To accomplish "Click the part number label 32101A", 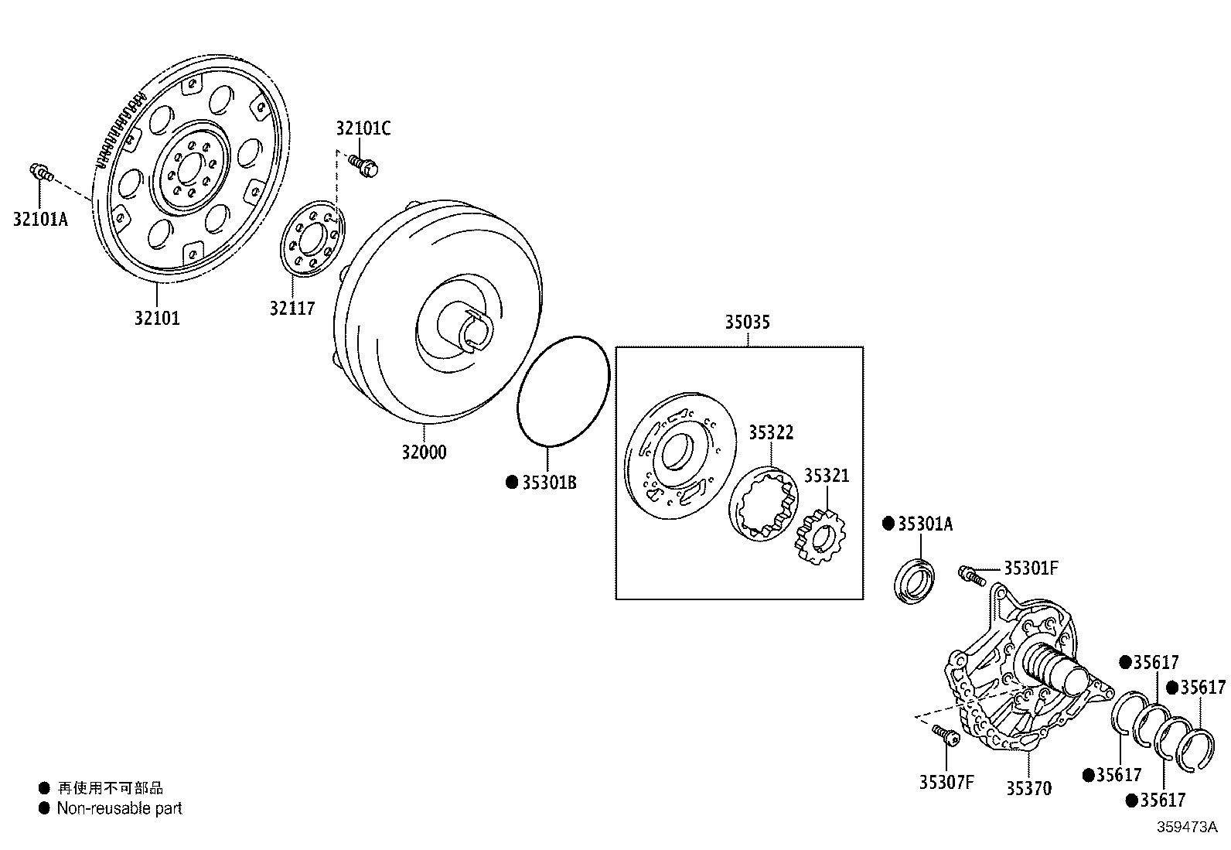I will (x=40, y=219).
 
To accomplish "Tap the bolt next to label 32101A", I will (x=40, y=172).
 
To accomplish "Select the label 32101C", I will (x=363, y=128).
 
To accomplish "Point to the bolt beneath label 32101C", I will (x=362, y=165).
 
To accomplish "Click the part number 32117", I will (x=292, y=308).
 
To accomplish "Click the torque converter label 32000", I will (x=423, y=452).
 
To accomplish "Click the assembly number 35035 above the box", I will (x=747, y=322).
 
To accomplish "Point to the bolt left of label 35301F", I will (x=970, y=574).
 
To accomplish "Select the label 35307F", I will (x=946, y=782).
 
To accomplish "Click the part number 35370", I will (x=1028, y=788).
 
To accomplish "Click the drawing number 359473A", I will (x=1187, y=827).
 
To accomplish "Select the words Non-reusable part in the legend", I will (x=119, y=808).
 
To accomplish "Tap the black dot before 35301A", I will (x=888, y=524).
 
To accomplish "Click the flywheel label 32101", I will (x=156, y=318).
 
